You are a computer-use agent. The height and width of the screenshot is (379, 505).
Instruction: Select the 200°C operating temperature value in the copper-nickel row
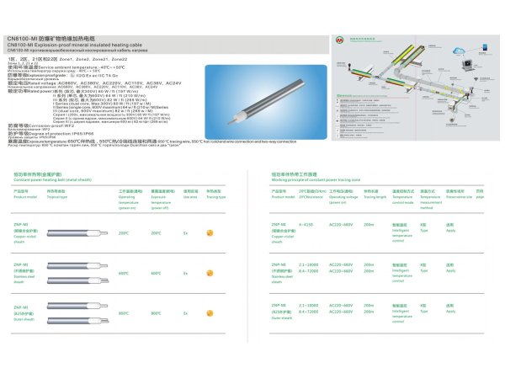tap(124, 232)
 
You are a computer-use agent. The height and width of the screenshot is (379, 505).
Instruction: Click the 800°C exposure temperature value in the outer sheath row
tap(156, 314)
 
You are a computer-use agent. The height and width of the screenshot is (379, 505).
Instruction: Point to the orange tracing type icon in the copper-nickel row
tap(210, 232)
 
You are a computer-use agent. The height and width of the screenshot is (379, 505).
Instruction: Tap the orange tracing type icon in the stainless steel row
tap(210, 273)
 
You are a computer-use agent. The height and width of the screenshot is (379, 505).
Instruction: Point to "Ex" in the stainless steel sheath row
tap(185, 273)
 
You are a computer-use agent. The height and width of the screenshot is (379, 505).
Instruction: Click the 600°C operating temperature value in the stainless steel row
tap(124, 273)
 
